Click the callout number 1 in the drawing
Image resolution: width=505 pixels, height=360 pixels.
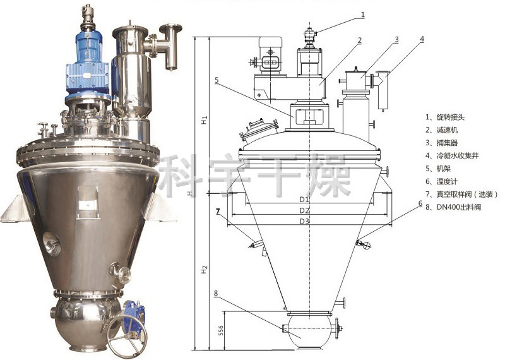(x=363, y=15)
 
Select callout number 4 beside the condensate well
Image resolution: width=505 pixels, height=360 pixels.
(x=422, y=39)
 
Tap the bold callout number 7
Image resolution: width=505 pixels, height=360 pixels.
(x=218, y=211)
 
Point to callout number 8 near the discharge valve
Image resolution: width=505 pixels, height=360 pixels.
(x=216, y=293)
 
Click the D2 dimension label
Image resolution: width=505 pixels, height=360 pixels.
(x=304, y=210)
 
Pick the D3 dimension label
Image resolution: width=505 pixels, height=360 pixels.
(x=304, y=222)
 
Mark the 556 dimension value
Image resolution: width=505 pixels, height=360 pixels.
(x=220, y=330)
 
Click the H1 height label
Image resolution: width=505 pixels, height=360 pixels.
(x=204, y=120)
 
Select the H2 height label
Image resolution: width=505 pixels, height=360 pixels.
(x=204, y=270)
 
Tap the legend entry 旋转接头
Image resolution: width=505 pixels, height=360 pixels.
(x=451, y=117)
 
